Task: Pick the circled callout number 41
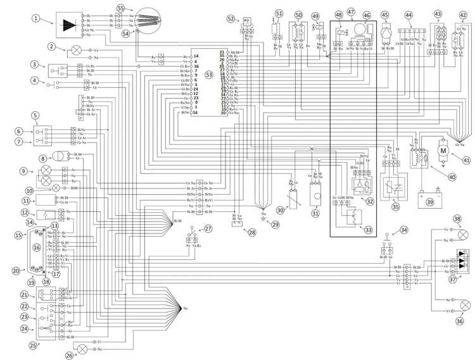pos(465,160)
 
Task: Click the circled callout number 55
pos(120,7)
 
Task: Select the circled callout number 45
pos(385,14)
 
